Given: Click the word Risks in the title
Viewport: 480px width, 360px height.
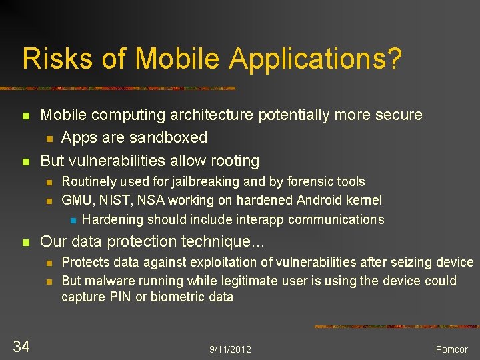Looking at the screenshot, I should [x=49, y=59].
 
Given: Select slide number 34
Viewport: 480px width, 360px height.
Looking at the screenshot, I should [x=21, y=345].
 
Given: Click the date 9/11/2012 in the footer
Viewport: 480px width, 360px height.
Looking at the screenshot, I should [x=230, y=349].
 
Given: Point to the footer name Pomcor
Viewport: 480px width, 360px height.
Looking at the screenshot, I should [x=452, y=349].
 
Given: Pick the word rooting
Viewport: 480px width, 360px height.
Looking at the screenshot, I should [x=234, y=161].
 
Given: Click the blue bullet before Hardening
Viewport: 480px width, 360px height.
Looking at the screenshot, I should [x=73, y=220].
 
